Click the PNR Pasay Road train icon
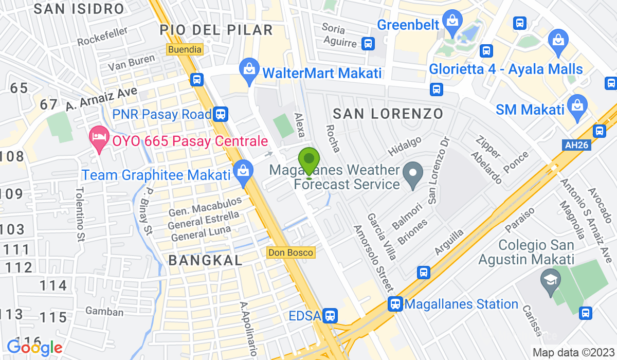click(x=221, y=114)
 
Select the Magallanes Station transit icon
click(x=395, y=304)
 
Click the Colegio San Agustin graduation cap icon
click(x=550, y=281)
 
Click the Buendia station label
click(x=185, y=49)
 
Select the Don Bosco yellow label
click(x=290, y=253)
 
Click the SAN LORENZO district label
click(x=388, y=114)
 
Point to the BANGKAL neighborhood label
click(x=206, y=260)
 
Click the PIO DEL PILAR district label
click(x=216, y=29)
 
